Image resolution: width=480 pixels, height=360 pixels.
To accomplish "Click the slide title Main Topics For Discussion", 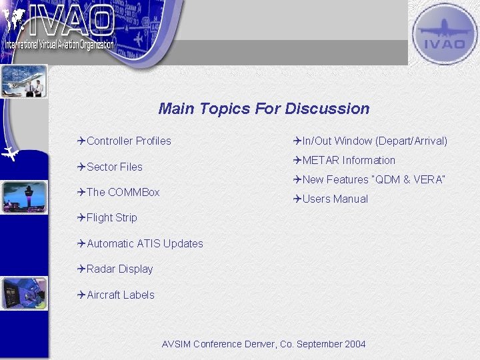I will pos(263,109).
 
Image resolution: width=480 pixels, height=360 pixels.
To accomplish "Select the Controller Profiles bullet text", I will pos(129,141).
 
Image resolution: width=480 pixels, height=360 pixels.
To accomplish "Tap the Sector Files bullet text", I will pos(115,167).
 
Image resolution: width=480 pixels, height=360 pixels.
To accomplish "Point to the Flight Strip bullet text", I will pos(112,217).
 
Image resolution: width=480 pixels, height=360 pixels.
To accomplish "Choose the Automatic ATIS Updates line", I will pos(145,243).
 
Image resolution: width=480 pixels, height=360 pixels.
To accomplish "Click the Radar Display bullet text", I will pos(120,269).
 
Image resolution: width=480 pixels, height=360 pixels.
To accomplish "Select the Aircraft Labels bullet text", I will pos(121,295).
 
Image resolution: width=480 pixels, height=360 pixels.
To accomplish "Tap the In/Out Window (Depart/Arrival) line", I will pos(375,141).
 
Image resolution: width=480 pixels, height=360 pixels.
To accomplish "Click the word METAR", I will pos(321,160).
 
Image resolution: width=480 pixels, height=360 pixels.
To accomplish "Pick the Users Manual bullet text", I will pos(335,199).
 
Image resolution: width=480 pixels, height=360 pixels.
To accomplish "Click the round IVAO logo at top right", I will pos(444,33).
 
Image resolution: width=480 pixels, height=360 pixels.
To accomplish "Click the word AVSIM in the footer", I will pos(176,344).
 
